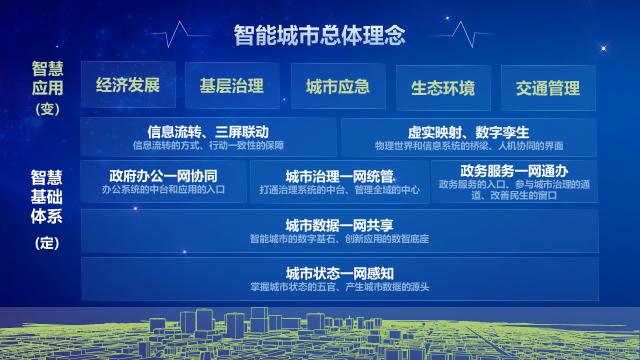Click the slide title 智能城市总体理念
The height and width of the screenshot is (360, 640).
tap(320, 35)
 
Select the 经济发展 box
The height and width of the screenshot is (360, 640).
tap(128, 85)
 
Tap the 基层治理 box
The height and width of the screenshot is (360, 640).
tap(232, 86)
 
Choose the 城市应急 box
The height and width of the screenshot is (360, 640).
tap(338, 87)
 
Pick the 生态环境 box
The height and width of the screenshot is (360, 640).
tap(443, 88)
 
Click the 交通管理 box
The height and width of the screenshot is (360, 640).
tap(548, 88)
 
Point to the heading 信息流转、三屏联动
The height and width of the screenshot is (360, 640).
tap(208, 132)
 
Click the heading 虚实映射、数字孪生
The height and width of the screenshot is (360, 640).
tap(469, 132)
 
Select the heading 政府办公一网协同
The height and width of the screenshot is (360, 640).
tap(163, 176)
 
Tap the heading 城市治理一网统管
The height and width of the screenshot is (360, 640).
tap(339, 177)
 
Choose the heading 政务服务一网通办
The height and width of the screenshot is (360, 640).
tap(514, 171)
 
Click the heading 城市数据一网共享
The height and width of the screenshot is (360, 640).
tap(339, 225)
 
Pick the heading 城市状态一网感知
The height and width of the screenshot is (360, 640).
tap(340, 273)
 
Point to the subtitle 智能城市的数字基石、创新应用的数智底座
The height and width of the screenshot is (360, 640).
tap(339, 239)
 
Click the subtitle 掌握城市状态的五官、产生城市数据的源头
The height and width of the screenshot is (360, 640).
tap(340, 287)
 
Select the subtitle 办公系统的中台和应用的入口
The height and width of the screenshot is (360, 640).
tap(163, 189)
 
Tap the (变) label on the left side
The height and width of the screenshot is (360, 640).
tap(47, 109)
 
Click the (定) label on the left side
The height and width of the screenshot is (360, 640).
tap(47, 243)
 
